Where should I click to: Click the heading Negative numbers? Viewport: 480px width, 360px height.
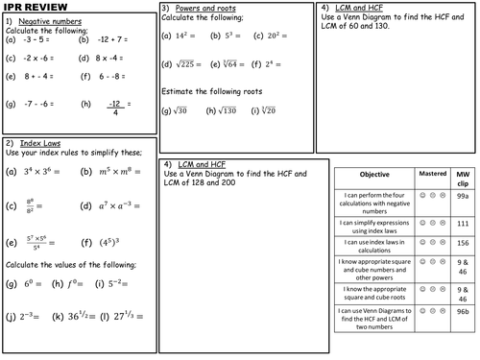[54, 20]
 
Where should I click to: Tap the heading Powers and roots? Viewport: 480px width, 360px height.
[205, 8]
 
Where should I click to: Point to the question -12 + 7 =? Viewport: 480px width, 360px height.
[112, 40]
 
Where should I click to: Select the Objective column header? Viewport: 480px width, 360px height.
[373, 175]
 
